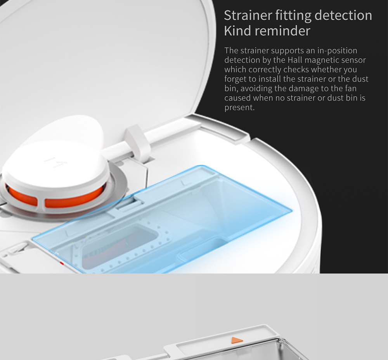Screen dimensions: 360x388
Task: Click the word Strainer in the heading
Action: tap(248, 16)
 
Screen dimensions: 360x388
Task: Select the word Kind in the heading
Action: tap(237, 31)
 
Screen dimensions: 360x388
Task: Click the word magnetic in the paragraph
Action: tap(322, 60)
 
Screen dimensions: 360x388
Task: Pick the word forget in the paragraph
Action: tap(235, 79)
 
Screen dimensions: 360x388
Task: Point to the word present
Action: tap(239, 107)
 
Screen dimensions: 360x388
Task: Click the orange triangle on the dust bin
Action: tap(237, 340)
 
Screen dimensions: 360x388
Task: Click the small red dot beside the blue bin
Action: tap(61, 263)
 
